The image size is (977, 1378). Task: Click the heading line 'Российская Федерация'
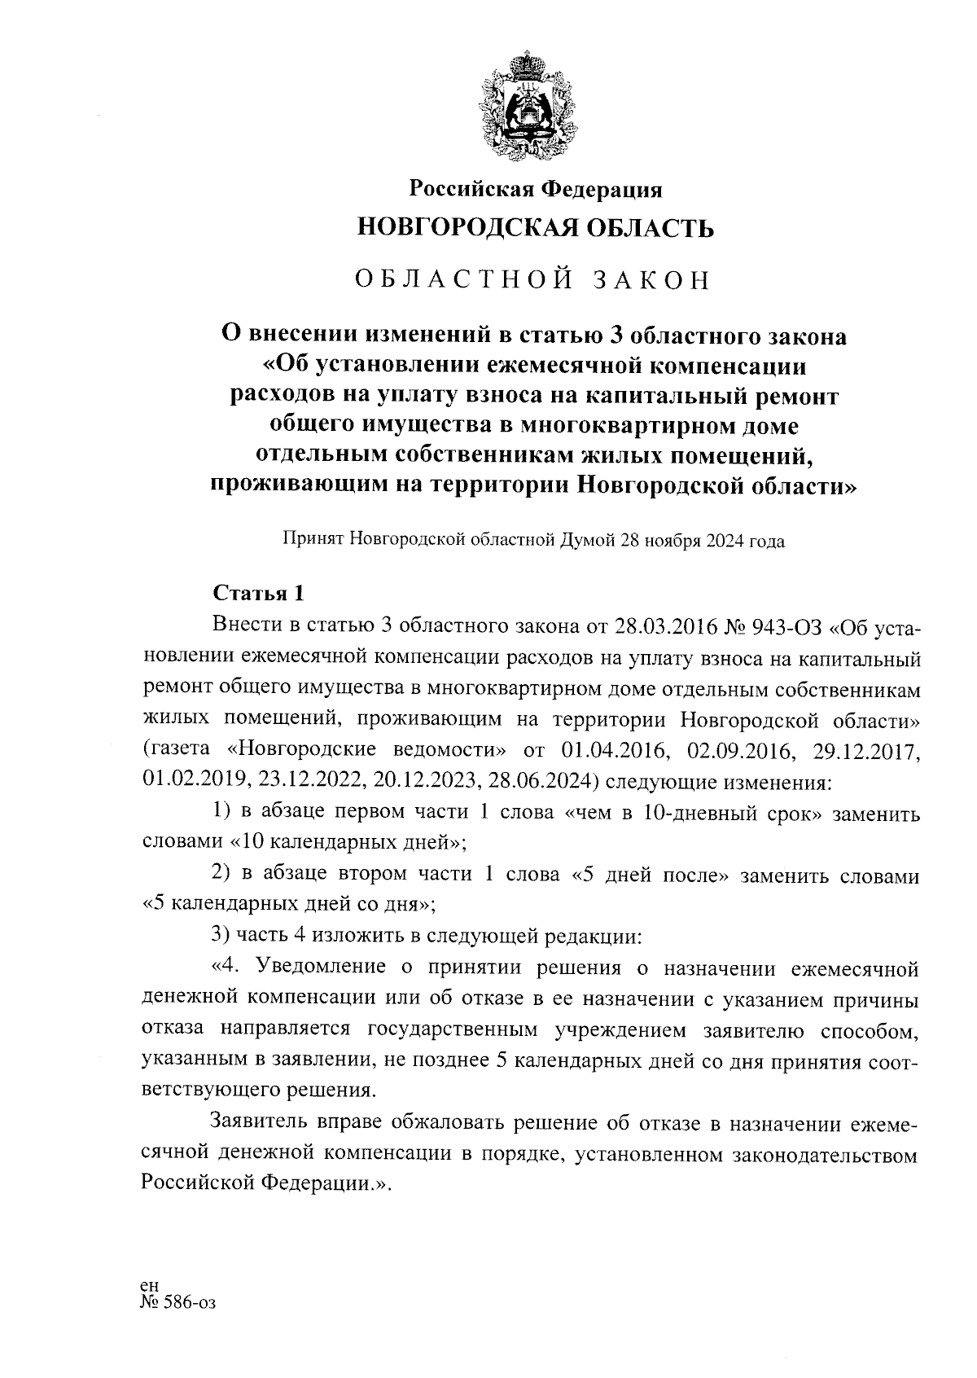[535, 190]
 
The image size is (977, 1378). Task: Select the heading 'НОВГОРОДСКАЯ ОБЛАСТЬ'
[535, 228]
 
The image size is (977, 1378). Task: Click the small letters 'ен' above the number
[149, 1285]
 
